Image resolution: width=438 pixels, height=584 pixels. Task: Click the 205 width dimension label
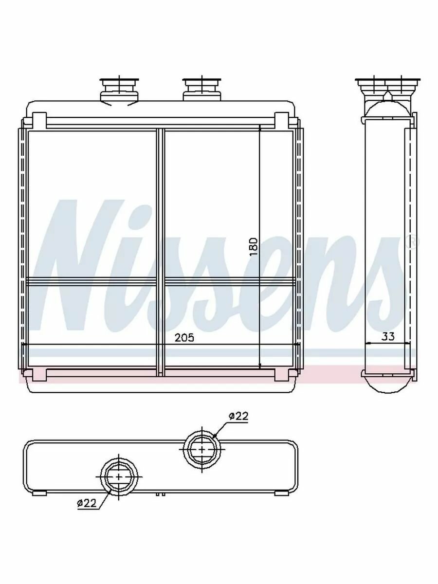[184, 338]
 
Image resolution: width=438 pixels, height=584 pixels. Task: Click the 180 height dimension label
[254, 247]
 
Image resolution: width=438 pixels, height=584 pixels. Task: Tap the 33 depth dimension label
[388, 337]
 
